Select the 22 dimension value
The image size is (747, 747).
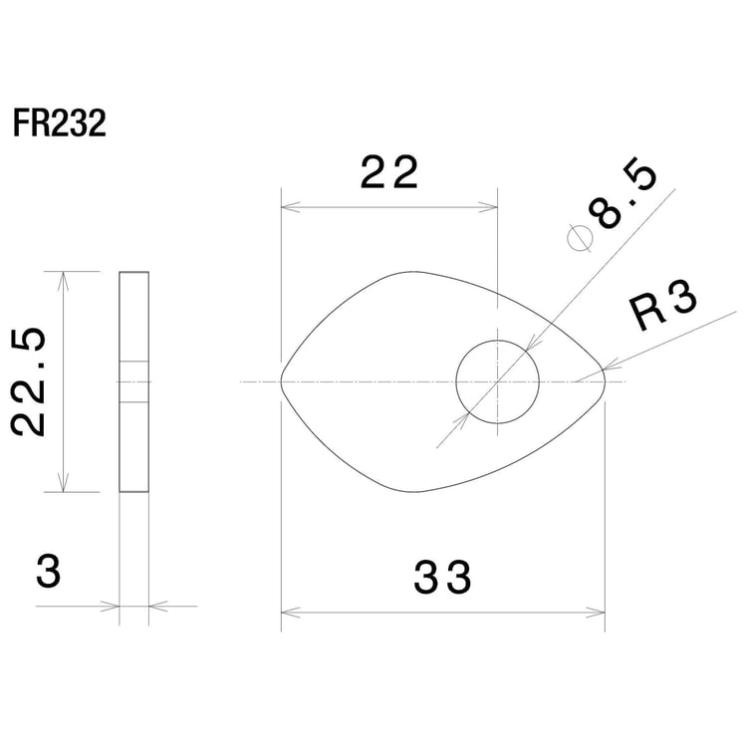[388, 174]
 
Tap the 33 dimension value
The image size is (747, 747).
[442, 577]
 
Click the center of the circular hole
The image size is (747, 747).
[497, 380]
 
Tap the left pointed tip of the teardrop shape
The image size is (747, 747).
[282, 380]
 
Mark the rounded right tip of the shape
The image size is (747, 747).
[604, 380]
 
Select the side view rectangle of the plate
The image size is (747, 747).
[134, 381]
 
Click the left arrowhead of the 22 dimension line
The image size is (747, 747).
[288, 208]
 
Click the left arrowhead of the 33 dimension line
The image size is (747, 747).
[288, 612]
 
